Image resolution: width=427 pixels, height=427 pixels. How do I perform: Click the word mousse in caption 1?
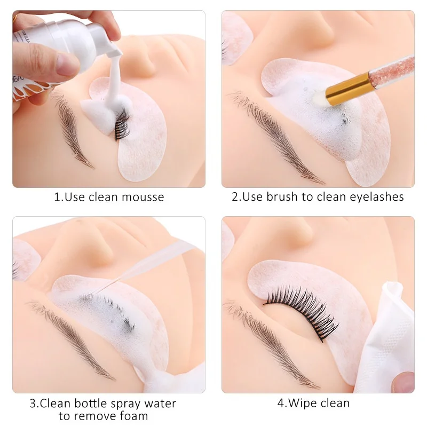coord(143,197)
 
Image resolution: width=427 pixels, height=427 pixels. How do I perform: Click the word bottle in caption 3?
coord(91,404)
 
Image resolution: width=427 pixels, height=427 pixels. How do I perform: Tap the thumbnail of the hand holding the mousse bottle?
coord(66,64)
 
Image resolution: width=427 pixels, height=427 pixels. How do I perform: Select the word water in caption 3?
coord(160,404)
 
